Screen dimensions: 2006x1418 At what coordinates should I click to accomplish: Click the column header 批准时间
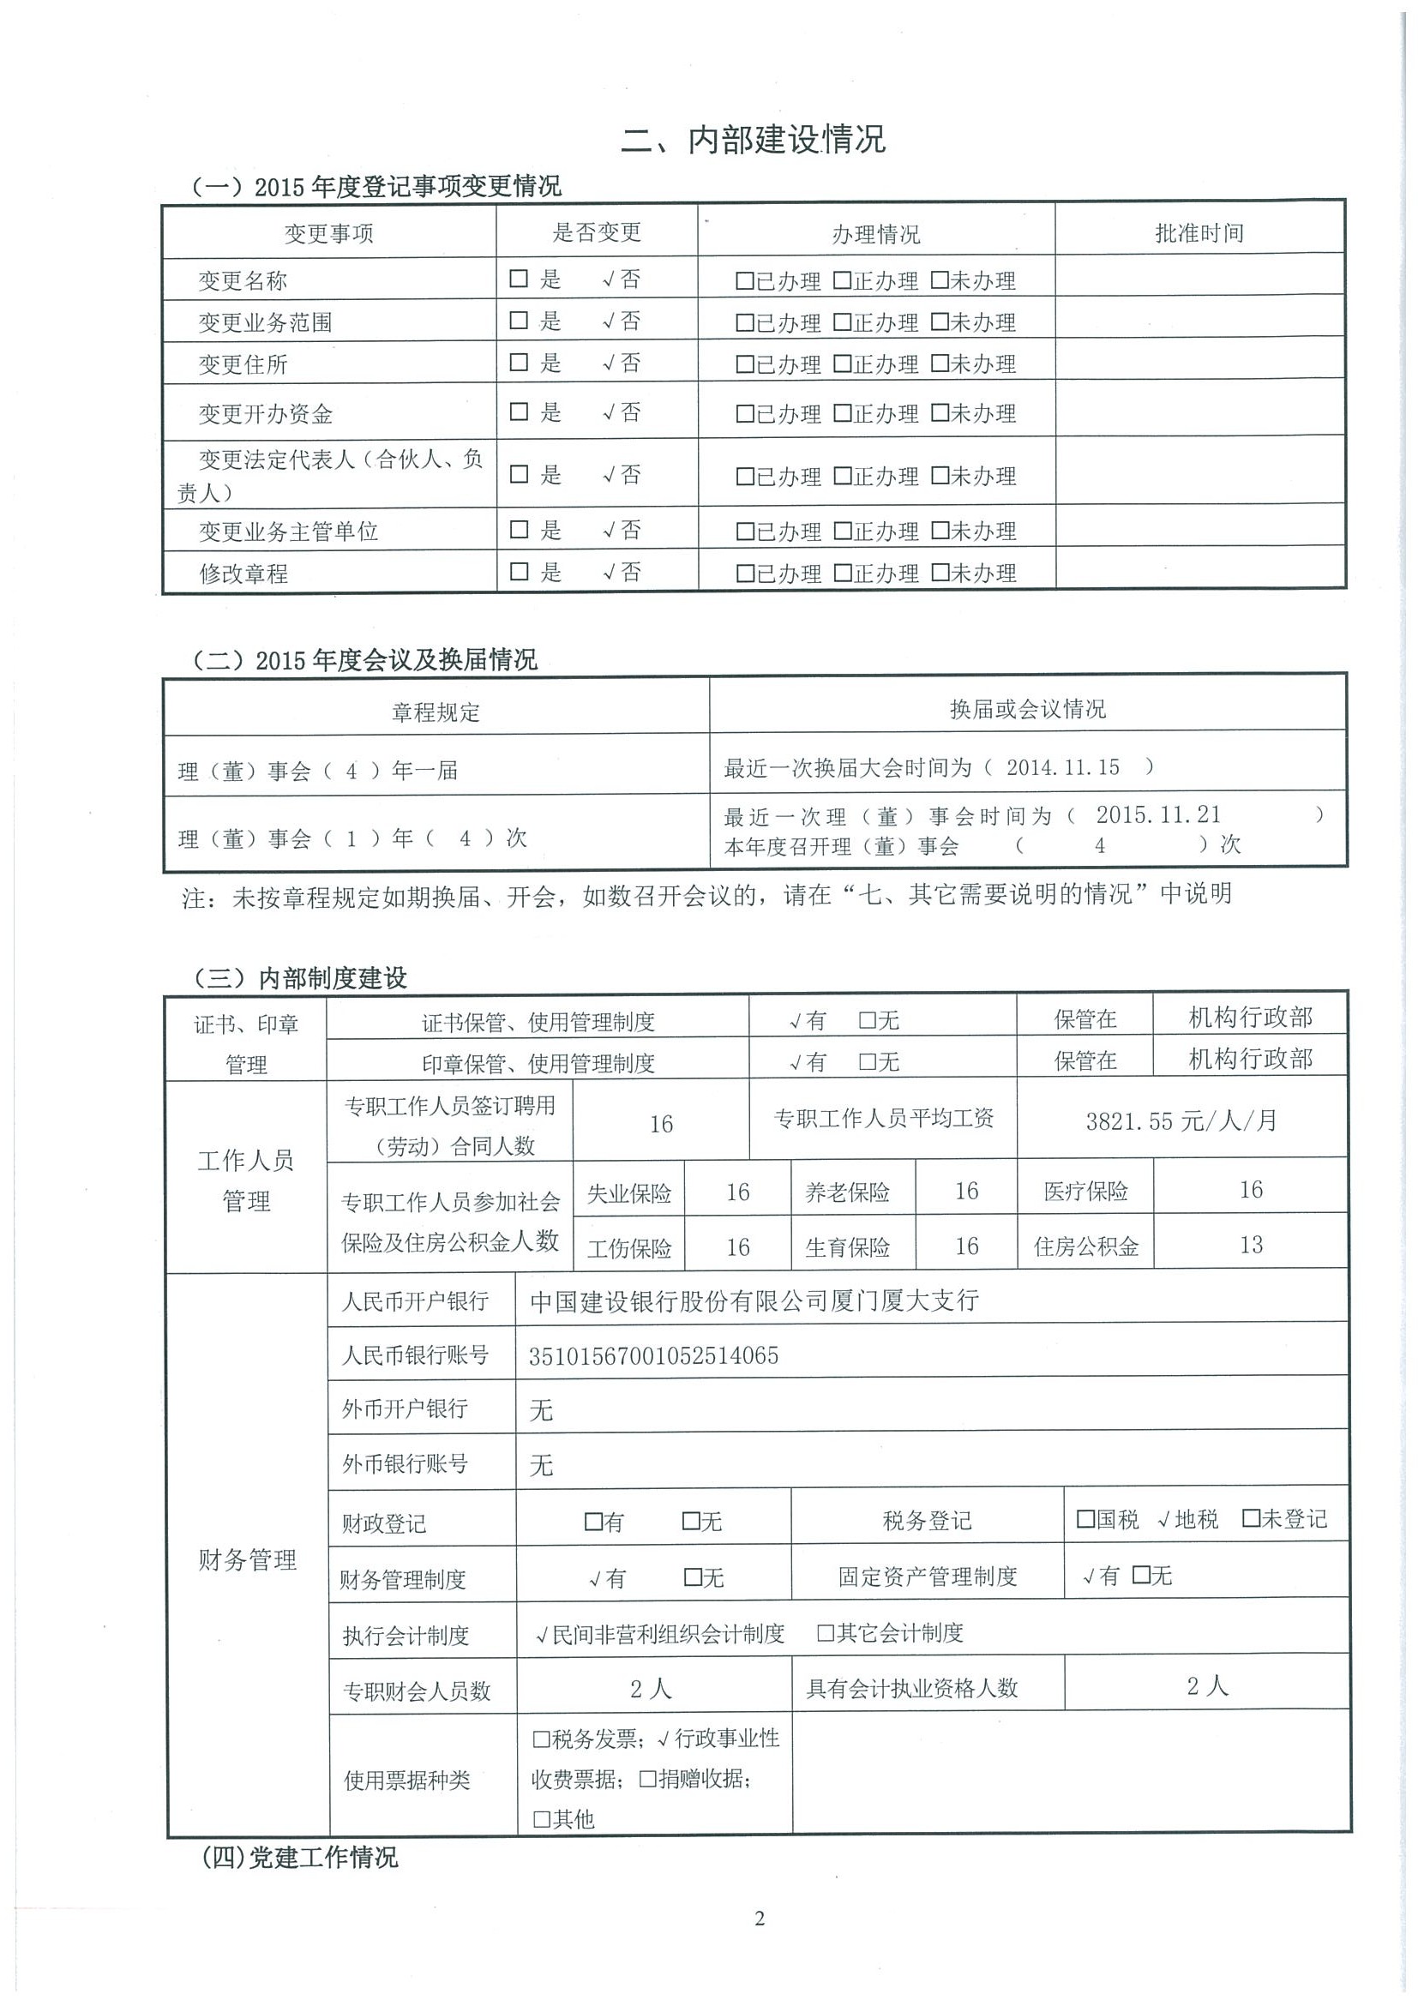coord(1199,233)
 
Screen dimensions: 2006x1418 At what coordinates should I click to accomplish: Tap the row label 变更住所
coord(243,364)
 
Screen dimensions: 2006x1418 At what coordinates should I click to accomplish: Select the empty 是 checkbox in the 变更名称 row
coord(519,279)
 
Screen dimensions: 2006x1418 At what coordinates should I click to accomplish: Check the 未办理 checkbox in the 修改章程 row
coord(940,574)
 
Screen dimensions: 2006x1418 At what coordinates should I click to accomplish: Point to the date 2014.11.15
coord(1062,768)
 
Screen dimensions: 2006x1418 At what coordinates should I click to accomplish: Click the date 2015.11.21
coord(1157,815)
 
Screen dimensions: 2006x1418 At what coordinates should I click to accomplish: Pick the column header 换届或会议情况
coord(1027,709)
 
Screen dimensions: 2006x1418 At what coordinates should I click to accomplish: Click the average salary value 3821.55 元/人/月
coord(1181,1121)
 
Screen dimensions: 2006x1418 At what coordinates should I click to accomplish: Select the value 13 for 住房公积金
coord(1251,1245)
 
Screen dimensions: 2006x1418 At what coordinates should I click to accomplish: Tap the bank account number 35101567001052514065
coord(653,1356)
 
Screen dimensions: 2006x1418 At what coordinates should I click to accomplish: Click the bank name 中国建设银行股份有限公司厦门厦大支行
coord(754,1301)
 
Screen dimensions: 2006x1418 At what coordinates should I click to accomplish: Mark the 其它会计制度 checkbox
coord(826,1633)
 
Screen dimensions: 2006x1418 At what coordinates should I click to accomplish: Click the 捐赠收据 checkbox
coord(647,1779)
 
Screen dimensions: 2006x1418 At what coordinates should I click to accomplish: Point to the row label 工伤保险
coord(629,1248)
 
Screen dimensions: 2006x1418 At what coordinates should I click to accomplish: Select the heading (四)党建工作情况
coord(300,1858)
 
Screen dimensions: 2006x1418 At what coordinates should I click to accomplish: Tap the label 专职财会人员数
coord(417,1691)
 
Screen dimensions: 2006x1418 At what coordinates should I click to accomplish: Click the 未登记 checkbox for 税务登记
coord(1250,1519)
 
